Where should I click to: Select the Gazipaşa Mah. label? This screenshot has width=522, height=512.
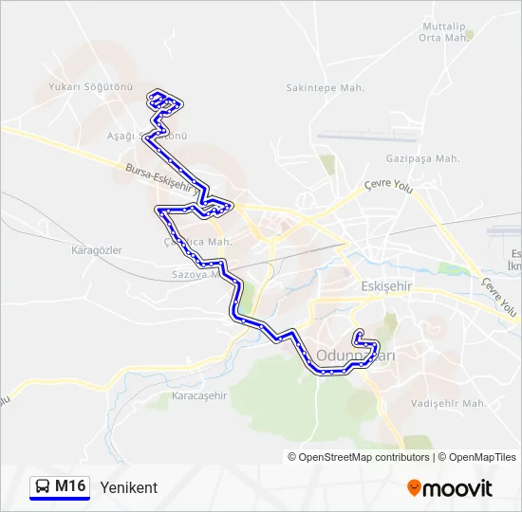[x=422, y=158]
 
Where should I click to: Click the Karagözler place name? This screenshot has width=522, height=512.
[x=97, y=250]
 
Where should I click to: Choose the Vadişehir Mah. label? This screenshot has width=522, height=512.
[x=449, y=403]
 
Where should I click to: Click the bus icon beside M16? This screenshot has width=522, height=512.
[x=43, y=487]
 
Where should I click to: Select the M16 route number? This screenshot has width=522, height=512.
[x=70, y=487]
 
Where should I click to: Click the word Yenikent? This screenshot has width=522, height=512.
[x=128, y=487]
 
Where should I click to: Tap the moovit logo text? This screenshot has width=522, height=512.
[x=458, y=488]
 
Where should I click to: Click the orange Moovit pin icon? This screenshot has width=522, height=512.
[x=414, y=488]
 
